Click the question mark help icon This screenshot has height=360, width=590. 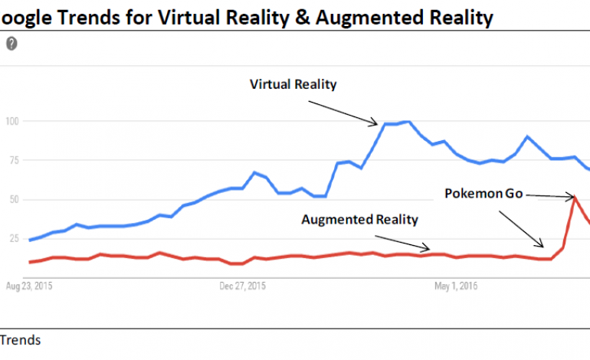(x=11, y=44)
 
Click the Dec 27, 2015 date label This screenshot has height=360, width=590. (x=242, y=287)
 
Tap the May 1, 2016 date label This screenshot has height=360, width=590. (x=456, y=287)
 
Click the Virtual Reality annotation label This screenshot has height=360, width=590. (x=293, y=84)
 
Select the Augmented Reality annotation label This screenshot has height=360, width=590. (x=359, y=220)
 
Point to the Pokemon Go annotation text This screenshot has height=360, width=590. (x=483, y=194)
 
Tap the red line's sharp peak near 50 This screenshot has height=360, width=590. (x=575, y=198)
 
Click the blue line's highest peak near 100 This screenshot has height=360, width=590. (x=408, y=122)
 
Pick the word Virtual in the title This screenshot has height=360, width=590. (x=187, y=17)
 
